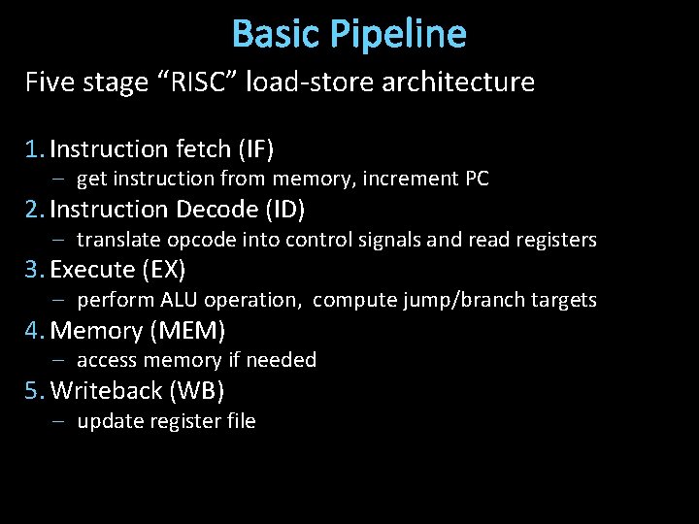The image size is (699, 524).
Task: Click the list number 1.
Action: (x=34, y=149)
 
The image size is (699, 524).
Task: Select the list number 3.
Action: (x=34, y=270)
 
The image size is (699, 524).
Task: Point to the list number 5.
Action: (x=34, y=391)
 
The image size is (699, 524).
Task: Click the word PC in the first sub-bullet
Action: (x=476, y=180)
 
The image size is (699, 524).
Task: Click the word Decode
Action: (x=208, y=210)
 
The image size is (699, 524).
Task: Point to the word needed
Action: (x=282, y=360)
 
